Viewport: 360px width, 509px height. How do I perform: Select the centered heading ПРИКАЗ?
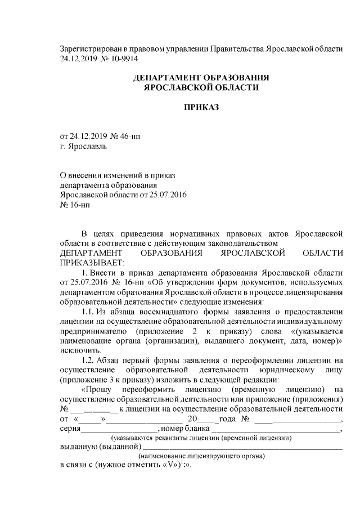[x=201, y=107]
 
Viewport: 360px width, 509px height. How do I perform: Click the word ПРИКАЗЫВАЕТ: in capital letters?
[x=90, y=262]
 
